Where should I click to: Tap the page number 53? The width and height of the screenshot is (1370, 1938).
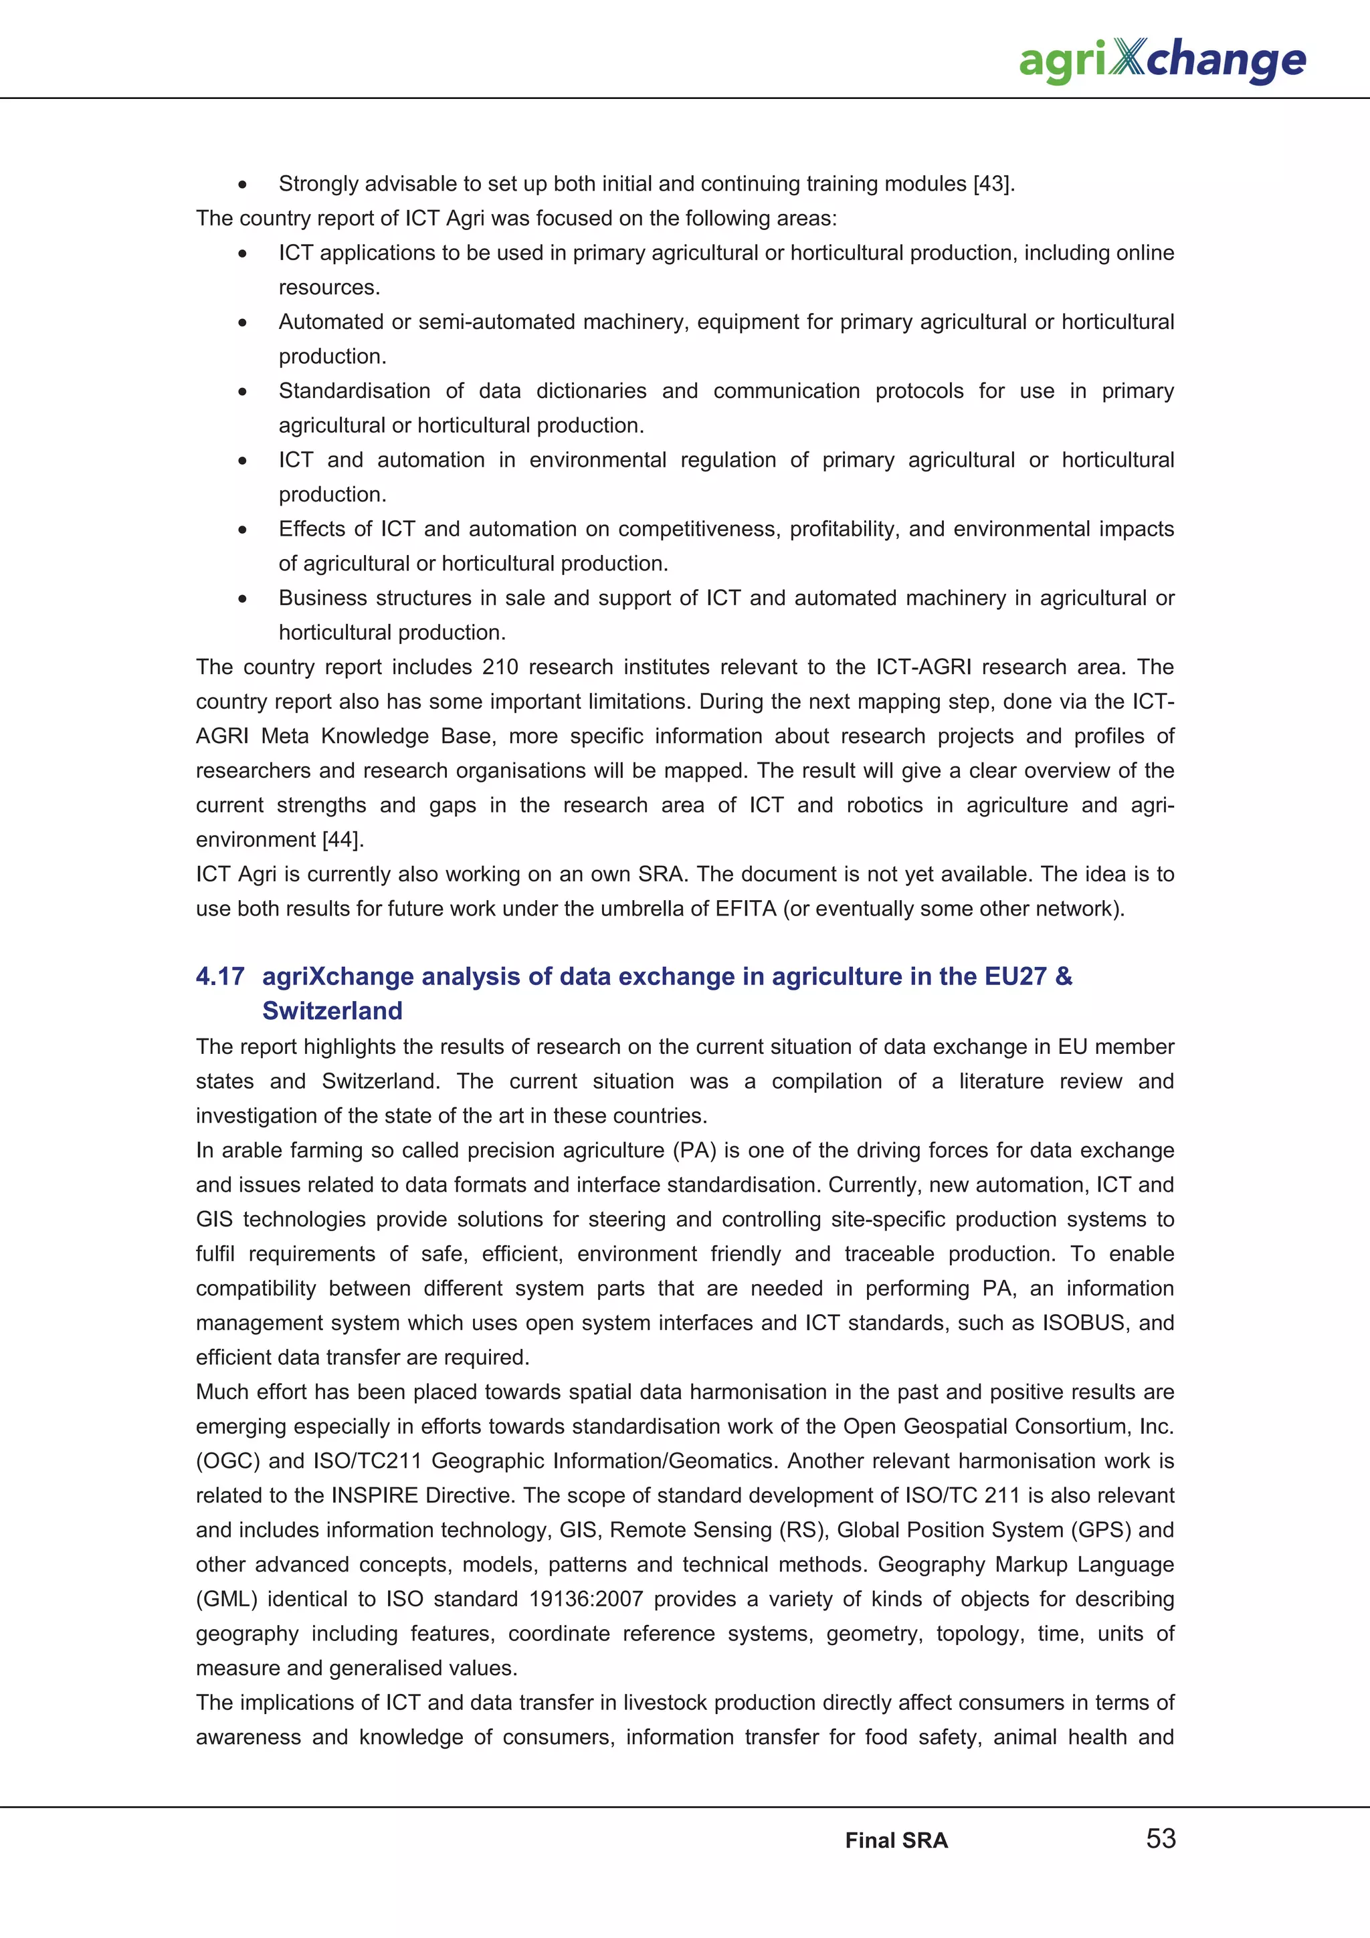tap(1161, 1838)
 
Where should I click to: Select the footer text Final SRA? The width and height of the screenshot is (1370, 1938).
tap(896, 1840)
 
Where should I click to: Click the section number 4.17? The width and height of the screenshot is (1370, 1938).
tap(219, 976)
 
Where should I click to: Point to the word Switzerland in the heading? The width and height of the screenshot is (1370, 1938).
tap(332, 1010)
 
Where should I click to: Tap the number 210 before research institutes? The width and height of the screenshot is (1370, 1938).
tap(500, 667)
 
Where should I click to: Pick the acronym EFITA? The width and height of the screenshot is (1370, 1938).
tap(745, 908)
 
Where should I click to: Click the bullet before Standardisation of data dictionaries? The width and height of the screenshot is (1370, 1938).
tap(242, 392)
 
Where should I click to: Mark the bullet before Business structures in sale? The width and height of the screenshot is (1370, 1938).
tap(242, 599)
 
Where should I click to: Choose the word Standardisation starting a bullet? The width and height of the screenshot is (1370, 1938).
tap(354, 391)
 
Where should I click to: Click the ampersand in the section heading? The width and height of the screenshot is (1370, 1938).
tap(1064, 976)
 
